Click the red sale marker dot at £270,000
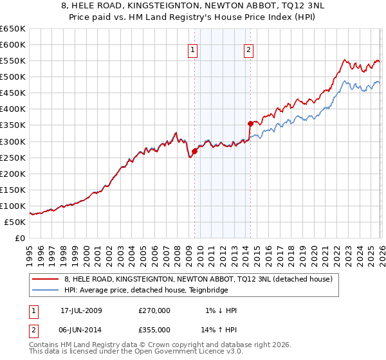point(194,151)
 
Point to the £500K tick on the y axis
point(12,77)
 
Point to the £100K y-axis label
point(12,206)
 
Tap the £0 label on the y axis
point(19,238)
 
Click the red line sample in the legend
point(46,279)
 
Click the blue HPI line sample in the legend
point(46,290)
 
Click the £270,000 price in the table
point(154,310)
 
